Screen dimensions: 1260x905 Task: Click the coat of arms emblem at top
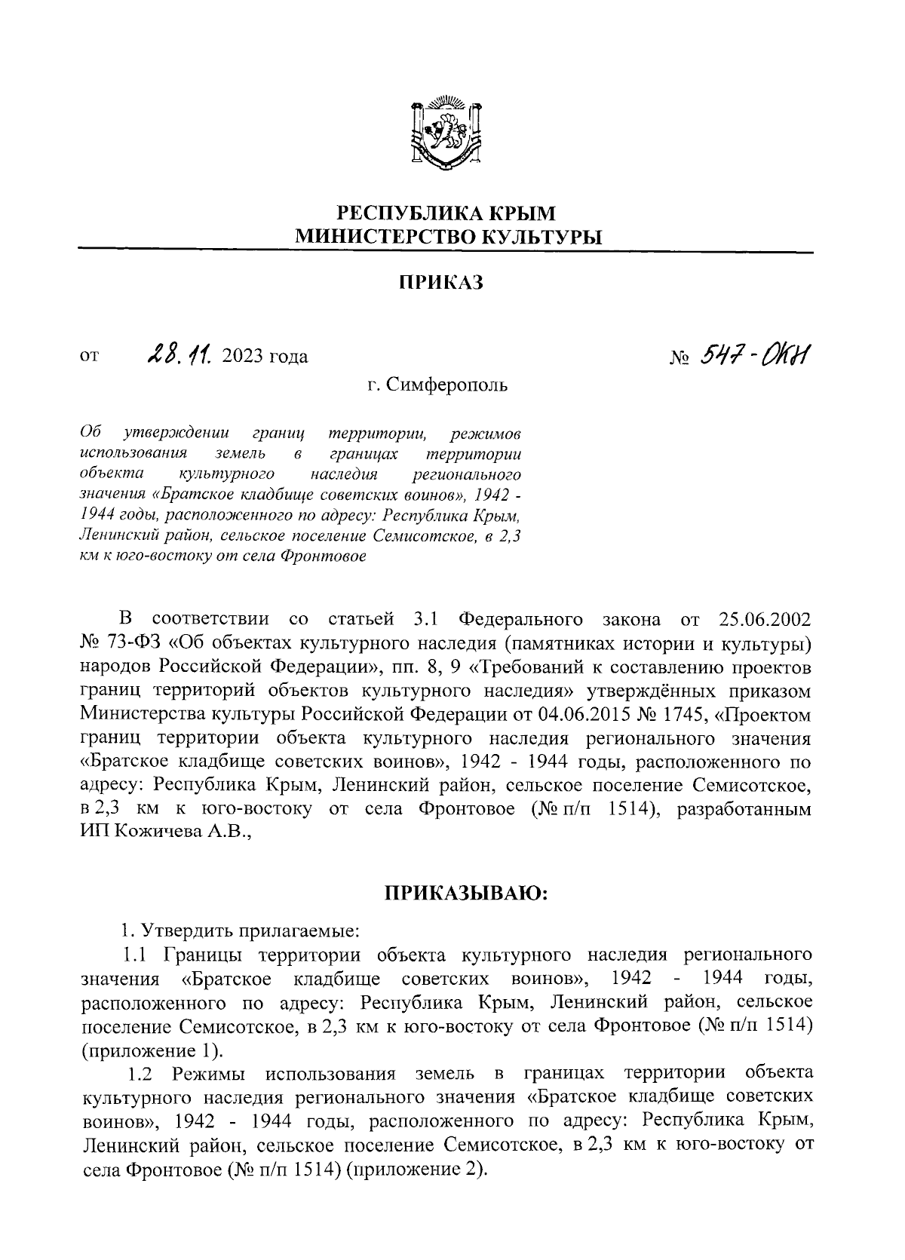pyautogui.click(x=446, y=133)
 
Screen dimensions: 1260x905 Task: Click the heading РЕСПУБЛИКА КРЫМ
pyautogui.click(x=445, y=214)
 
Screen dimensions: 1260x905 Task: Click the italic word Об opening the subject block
pyautogui.click(x=89, y=434)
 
